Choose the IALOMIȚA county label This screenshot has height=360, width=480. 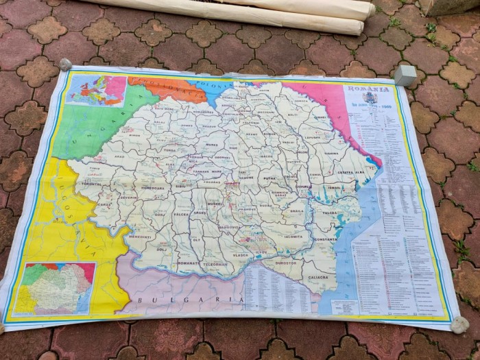click(x=291, y=237)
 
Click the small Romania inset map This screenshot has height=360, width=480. click(x=55, y=288)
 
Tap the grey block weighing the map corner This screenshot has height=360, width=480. click(x=405, y=75)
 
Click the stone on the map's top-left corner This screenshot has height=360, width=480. click(x=66, y=64)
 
